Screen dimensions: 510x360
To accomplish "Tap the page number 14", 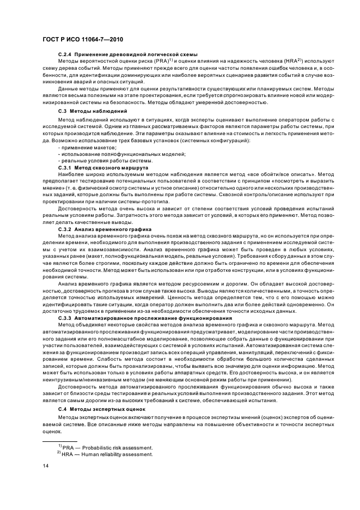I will tap(46, 466).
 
